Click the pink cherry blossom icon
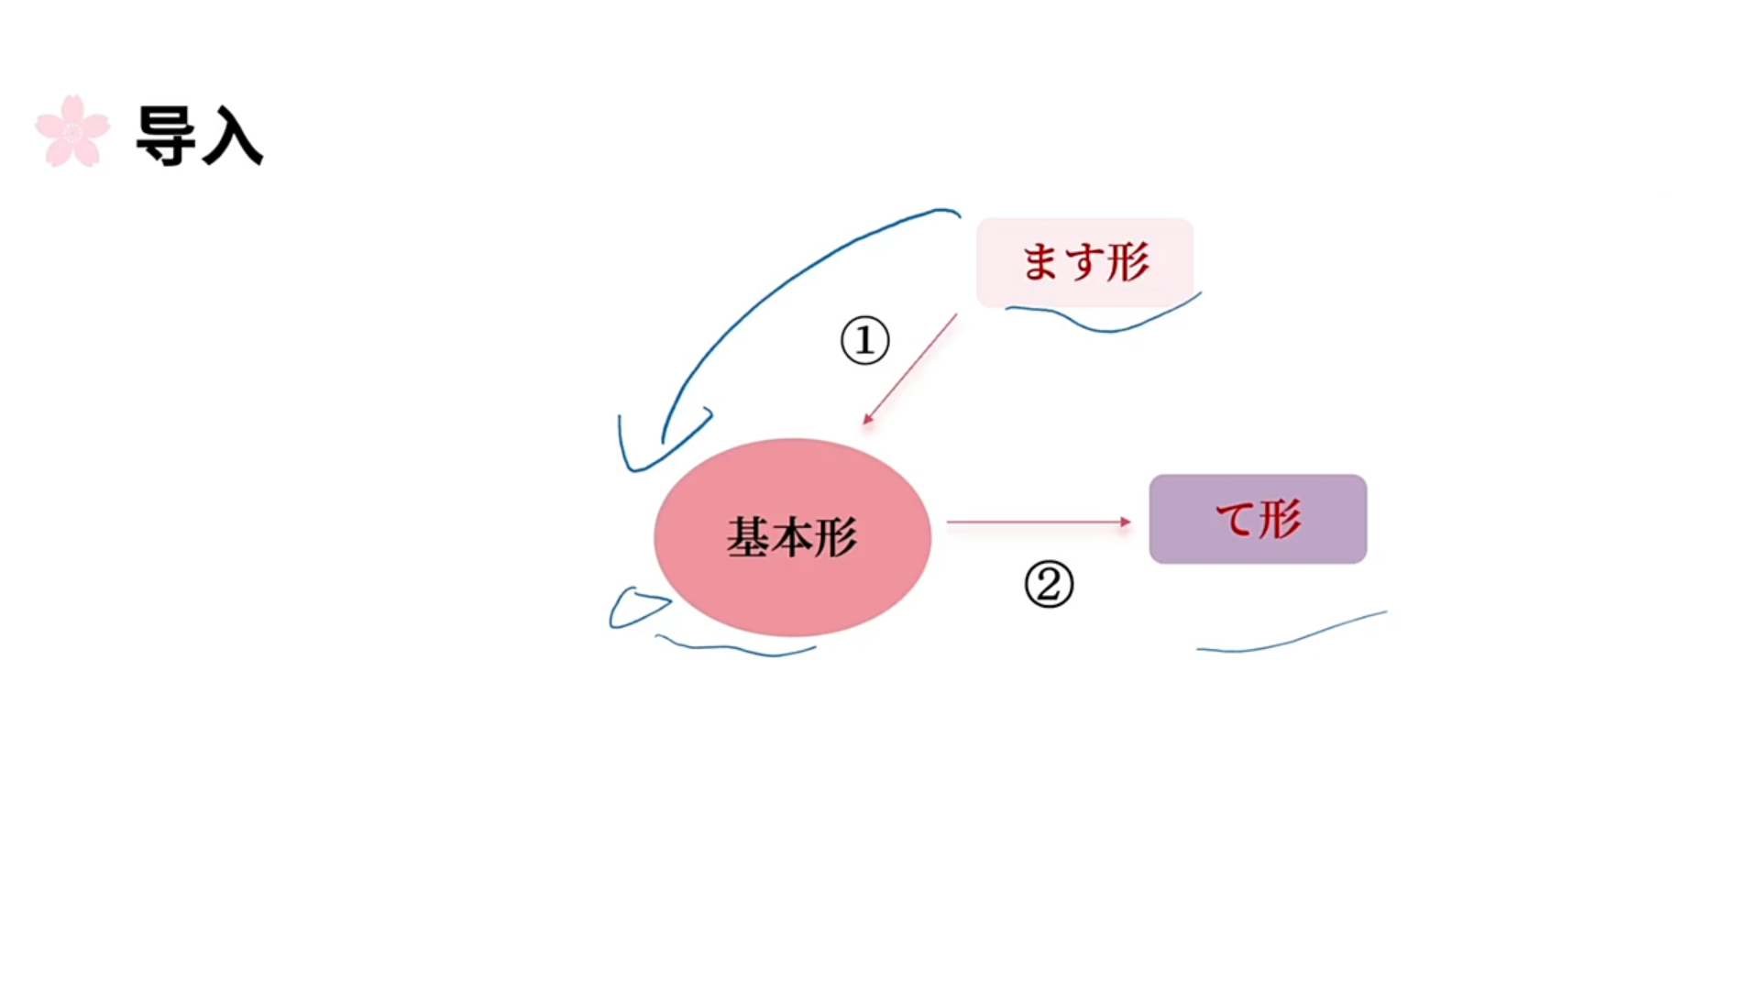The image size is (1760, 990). tap(72, 131)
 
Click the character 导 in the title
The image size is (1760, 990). tap(166, 135)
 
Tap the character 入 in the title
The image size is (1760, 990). tap(232, 136)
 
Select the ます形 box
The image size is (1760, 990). tap(1084, 262)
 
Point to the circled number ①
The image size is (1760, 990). tap(864, 340)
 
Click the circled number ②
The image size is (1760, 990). tap(1049, 584)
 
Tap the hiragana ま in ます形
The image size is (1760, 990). tap(1040, 262)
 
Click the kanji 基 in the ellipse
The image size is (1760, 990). tap(748, 537)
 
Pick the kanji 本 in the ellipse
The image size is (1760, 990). tap(791, 537)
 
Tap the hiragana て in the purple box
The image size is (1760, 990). tap(1235, 519)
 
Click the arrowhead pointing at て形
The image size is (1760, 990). tap(1126, 522)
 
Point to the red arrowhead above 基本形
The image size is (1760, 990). tap(867, 419)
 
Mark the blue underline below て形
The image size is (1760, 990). tap(1292, 635)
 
